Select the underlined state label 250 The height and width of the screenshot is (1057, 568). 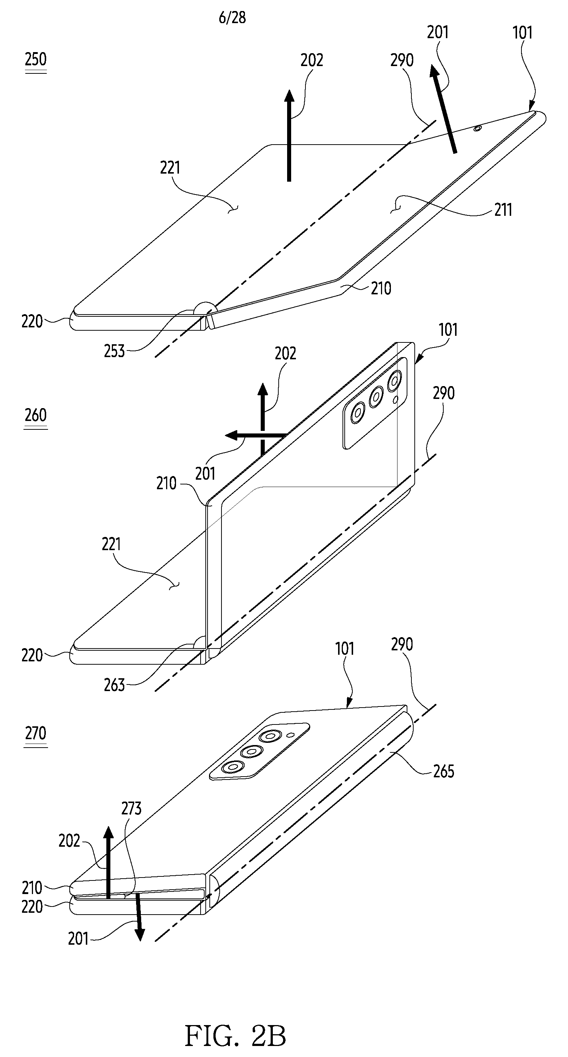(36, 60)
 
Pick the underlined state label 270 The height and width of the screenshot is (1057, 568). (36, 733)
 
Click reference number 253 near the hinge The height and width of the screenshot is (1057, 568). (114, 351)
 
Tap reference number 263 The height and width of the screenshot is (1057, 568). (114, 685)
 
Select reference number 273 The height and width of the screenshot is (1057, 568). (131, 808)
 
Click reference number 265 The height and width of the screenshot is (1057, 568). (443, 771)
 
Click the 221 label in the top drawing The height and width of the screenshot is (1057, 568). (170, 167)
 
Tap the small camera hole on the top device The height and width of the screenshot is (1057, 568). (477, 129)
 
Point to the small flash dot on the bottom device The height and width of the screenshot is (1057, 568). (291, 735)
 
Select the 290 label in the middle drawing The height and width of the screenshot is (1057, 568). (443, 393)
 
